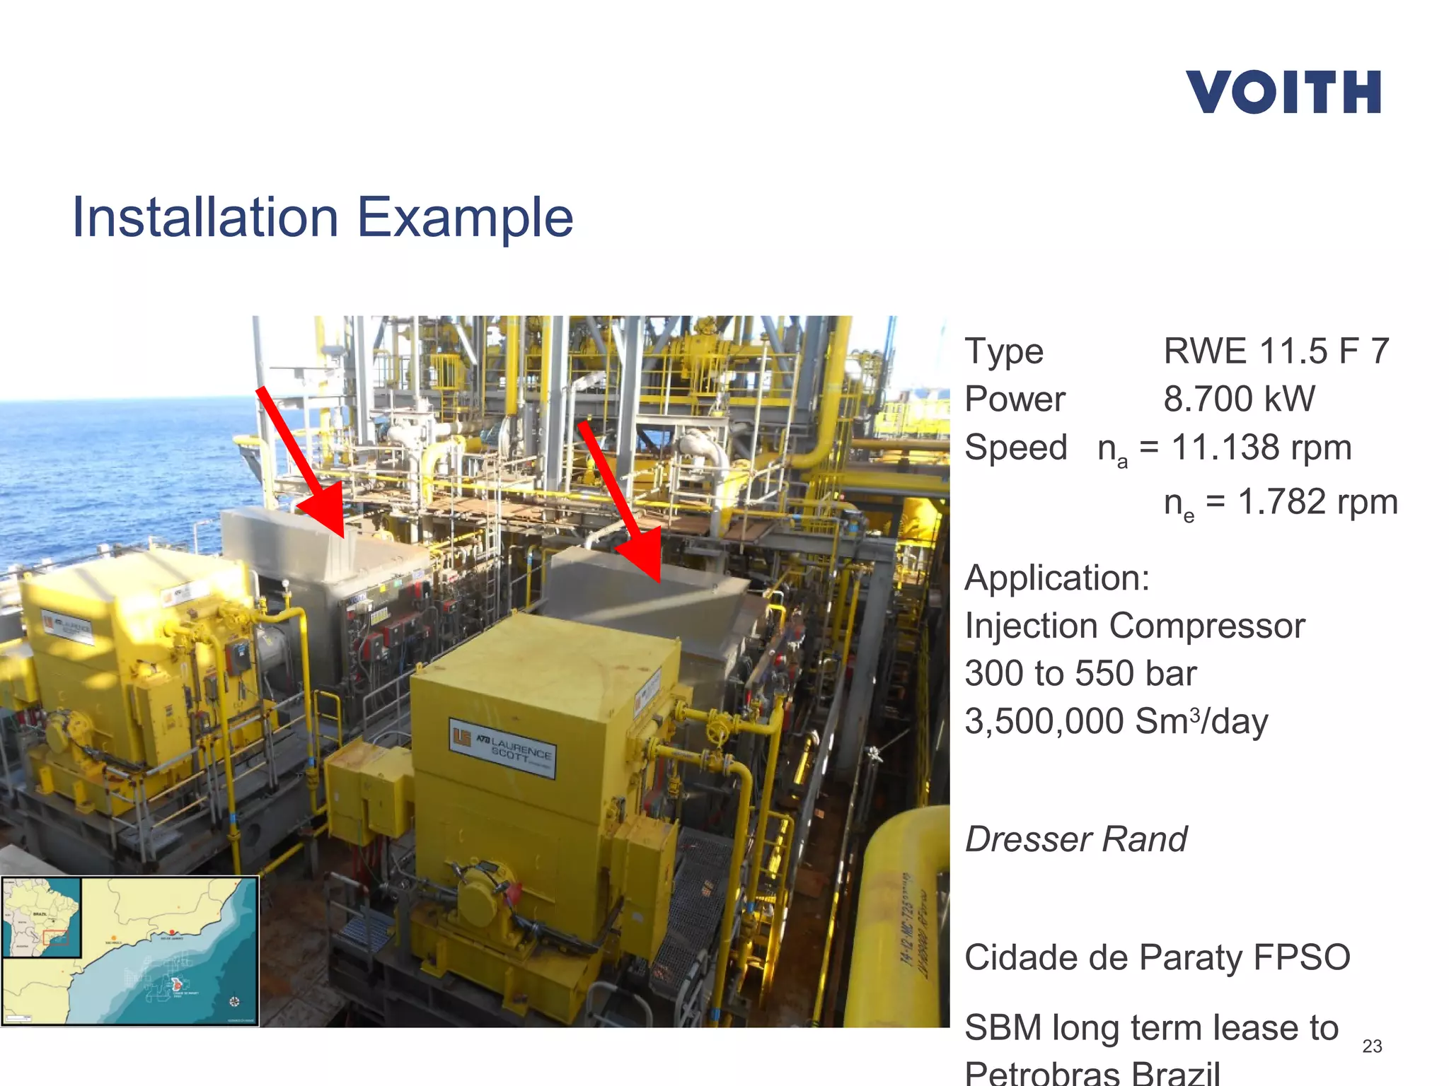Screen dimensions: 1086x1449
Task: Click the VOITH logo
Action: (x=1283, y=92)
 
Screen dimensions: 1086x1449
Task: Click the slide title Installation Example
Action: (x=323, y=217)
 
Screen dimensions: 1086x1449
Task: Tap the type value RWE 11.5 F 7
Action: (x=1276, y=351)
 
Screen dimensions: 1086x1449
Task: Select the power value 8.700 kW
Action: (x=1239, y=399)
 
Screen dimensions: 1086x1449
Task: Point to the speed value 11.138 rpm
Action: (x=1261, y=448)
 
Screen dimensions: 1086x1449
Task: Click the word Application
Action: (x=1057, y=578)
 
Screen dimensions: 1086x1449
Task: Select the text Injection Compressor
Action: (x=1135, y=626)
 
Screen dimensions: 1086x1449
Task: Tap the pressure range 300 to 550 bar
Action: (x=1080, y=673)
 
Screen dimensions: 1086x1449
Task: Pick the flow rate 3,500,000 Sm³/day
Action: (x=1116, y=721)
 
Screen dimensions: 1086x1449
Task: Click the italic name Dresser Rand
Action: (x=1076, y=839)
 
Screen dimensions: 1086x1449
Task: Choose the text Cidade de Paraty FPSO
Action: (x=1158, y=957)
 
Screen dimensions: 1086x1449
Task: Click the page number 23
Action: (x=1372, y=1046)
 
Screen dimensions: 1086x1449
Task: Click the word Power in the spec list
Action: (x=1015, y=399)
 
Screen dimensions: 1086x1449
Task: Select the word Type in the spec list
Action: (x=1004, y=351)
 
